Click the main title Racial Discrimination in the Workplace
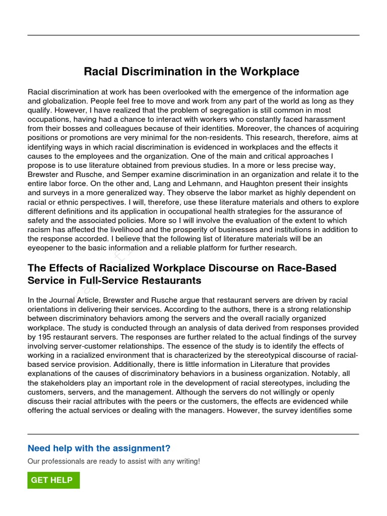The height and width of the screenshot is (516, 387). pos(191,72)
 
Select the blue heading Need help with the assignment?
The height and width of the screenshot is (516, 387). pos(99,448)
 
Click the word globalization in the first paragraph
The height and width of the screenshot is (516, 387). pos(63,101)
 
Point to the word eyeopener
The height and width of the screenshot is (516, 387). pos(48,248)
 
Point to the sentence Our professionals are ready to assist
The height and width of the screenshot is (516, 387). pos(114,461)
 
